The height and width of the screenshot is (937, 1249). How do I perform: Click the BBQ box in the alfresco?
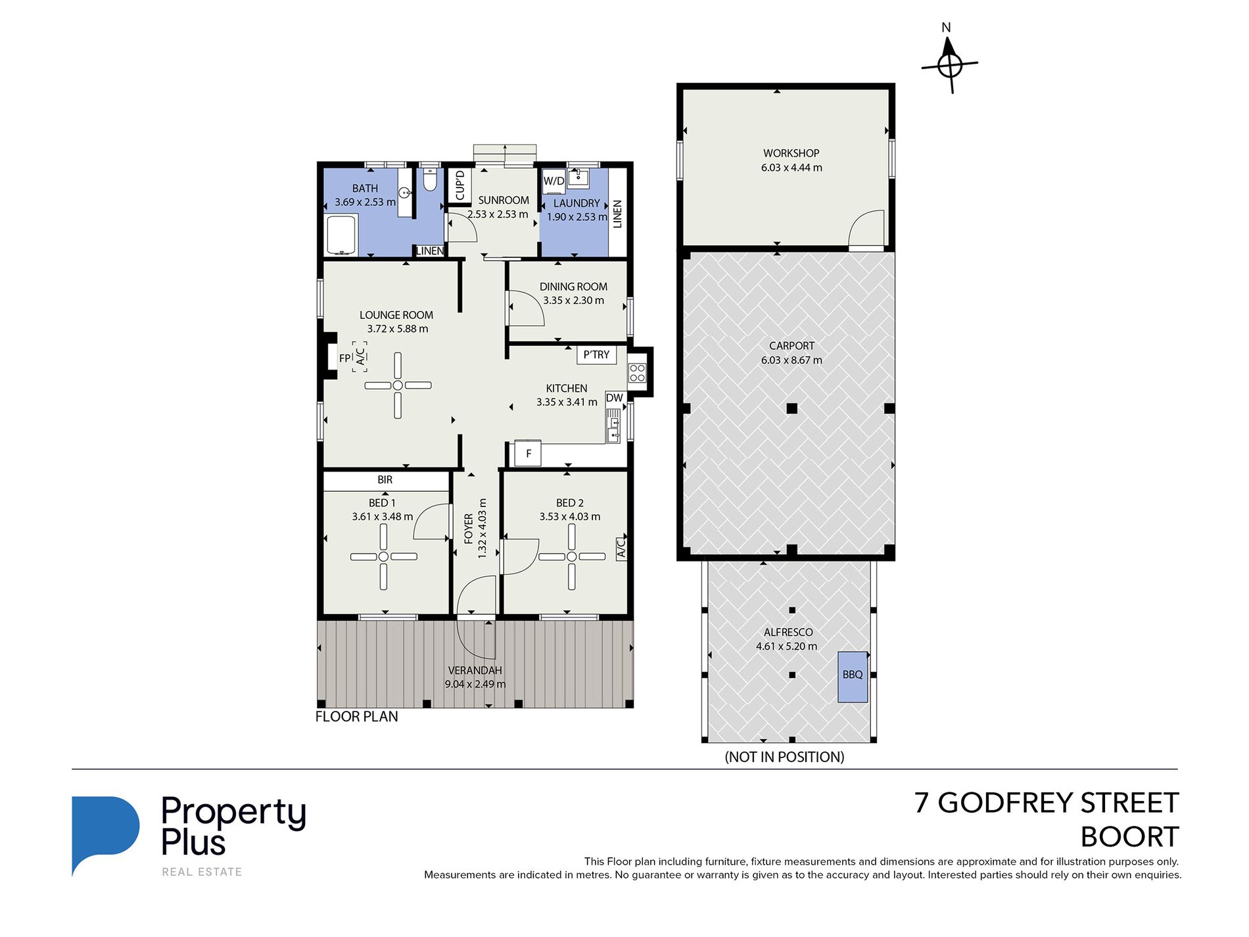(853, 677)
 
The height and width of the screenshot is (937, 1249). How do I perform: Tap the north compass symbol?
(949, 64)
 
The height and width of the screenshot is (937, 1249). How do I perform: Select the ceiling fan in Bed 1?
(383, 556)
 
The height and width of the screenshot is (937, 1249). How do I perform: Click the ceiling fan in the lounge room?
(398, 385)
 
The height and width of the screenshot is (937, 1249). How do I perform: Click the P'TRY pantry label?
(596, 354)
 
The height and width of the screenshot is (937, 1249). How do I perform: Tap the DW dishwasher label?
(614, 398)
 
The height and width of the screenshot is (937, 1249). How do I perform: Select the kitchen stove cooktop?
(637, 373)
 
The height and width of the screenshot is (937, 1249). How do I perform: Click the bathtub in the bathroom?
(341, 234)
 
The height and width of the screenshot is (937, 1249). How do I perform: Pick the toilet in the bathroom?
(429, 179)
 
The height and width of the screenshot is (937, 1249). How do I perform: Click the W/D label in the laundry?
(554, 181)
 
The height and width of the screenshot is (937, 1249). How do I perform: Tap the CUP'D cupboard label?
(460, 185)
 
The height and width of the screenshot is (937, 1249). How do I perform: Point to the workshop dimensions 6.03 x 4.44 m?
(791, 168)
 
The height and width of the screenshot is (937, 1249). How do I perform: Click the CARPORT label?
(791, 346)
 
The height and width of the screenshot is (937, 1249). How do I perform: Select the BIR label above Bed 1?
(385, 480)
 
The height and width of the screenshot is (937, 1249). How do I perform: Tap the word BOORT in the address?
(1129, 837)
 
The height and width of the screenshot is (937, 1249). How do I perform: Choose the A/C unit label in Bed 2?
(621, 548)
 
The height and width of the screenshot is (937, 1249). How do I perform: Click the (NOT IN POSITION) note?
(784, 757)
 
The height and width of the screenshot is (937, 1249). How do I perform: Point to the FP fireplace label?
(344, 358)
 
